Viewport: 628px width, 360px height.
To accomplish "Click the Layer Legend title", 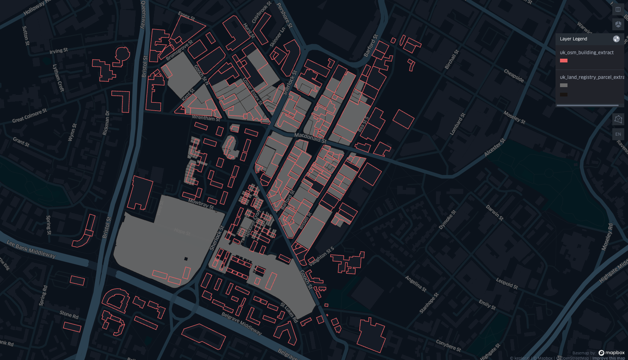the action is pyautogui.click(x=573, y=39).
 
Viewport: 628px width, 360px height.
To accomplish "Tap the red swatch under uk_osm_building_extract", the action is pyautogui.click(x=564, y=61).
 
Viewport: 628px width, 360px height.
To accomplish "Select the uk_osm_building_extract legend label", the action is pyautogui.click(x=587, y=53).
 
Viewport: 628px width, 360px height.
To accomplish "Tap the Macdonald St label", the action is pyautogui.click(x=310, y=138).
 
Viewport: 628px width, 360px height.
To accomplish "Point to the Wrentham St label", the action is pyautogui.click(x=206, y=118).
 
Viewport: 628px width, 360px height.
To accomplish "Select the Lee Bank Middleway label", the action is pyautogui.click(x=31, y=249).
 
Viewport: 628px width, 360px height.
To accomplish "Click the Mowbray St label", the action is pyautogui.click(x=201, y=204).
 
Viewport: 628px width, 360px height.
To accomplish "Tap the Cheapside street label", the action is pyautogui.click(x=514, y=76).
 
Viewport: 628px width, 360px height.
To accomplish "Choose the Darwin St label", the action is pyautogui.click(x=495, y=212).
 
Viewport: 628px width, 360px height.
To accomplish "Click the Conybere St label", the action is pyautogui.click(x=448, y=345).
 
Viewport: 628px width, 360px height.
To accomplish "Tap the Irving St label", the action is pyautogui.click(x=59, y=50).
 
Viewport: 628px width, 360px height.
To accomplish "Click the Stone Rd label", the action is pyautogui.click(x=69, y=315).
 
